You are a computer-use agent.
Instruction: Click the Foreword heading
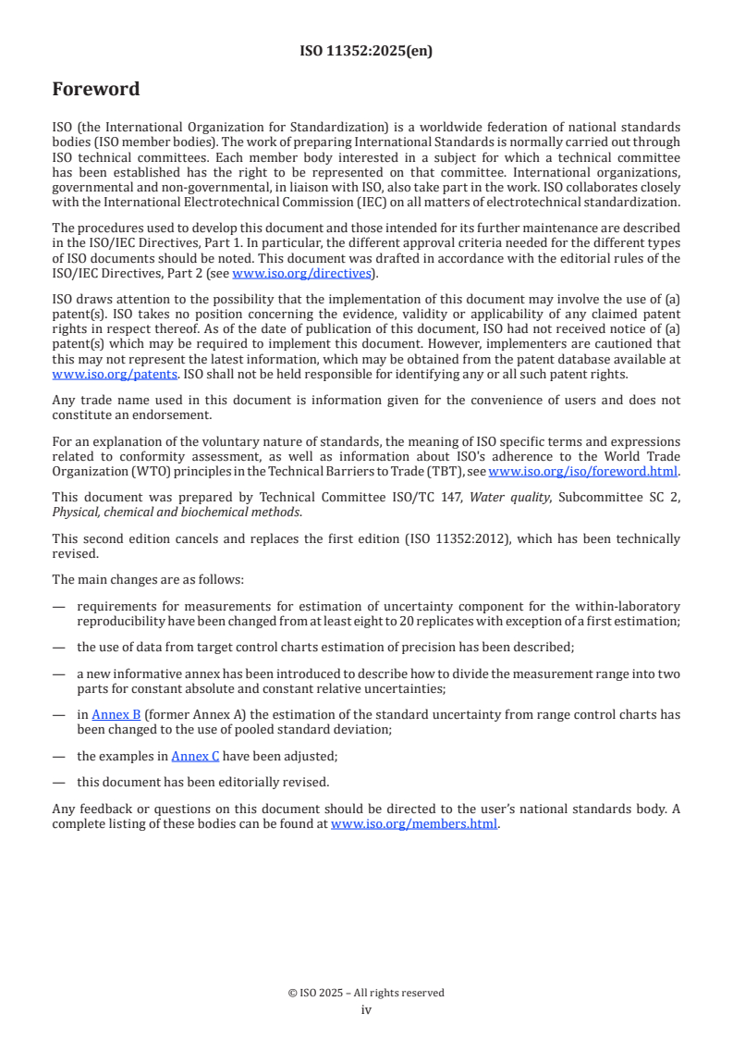tap(96, 90)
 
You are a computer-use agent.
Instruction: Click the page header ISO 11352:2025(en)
tap(366, 52)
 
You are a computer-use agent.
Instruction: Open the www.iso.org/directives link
tap(302, 273)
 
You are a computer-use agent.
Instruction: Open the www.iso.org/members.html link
tap(414, 822)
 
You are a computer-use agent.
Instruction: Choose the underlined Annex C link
tap(195, 756)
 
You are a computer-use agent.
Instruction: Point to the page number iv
tap(366, 1010)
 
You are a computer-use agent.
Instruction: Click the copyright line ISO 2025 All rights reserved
tap(366, 993)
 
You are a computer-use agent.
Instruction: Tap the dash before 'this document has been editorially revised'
tap(58, 782)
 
